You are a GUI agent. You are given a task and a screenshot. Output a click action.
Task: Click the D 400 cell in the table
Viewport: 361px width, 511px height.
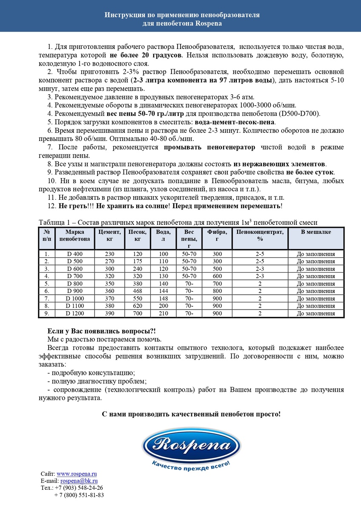coord(75,254)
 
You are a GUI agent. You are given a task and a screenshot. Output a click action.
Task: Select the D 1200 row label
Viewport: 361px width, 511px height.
coord(75,313)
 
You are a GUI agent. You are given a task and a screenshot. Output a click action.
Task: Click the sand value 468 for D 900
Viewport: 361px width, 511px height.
coord(138,291)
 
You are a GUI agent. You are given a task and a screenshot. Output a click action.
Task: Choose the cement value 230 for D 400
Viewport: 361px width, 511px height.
coord(110,254)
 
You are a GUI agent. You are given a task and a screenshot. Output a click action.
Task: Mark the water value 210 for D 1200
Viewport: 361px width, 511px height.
coord(163,313)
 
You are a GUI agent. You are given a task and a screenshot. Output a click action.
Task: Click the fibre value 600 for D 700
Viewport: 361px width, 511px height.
coord(217,276)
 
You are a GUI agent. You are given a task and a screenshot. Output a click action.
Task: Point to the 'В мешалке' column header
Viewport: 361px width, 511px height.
coord(316,232)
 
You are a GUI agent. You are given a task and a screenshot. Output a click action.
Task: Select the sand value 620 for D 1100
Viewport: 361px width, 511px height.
coord(138,306)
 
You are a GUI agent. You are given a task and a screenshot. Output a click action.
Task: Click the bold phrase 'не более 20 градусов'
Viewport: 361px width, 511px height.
coord(146,56)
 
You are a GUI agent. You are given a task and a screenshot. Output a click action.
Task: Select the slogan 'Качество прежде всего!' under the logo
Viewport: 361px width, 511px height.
coord(191,467)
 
